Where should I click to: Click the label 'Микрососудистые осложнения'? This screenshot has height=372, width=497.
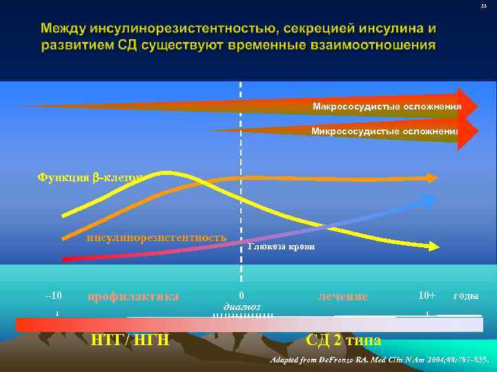click(384, 132)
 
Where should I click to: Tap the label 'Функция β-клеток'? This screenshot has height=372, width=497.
click(90, 178)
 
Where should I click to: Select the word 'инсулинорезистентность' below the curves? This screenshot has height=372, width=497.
click(156, 238)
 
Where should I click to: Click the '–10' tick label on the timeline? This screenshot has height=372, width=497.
click(53, 296)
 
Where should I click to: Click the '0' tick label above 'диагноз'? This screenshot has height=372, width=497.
click(241, 295)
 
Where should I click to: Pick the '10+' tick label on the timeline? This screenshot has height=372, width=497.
click(427, 296)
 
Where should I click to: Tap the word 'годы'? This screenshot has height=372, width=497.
click(465, 296)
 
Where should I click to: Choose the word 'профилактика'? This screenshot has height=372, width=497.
click(133, 296)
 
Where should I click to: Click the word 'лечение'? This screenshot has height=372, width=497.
click(342, 296)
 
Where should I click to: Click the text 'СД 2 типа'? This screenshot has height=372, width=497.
click(343, 340)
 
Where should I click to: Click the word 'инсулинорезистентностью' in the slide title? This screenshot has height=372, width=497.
click(187, 30)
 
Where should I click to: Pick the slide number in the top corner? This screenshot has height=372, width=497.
click(484, 6)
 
